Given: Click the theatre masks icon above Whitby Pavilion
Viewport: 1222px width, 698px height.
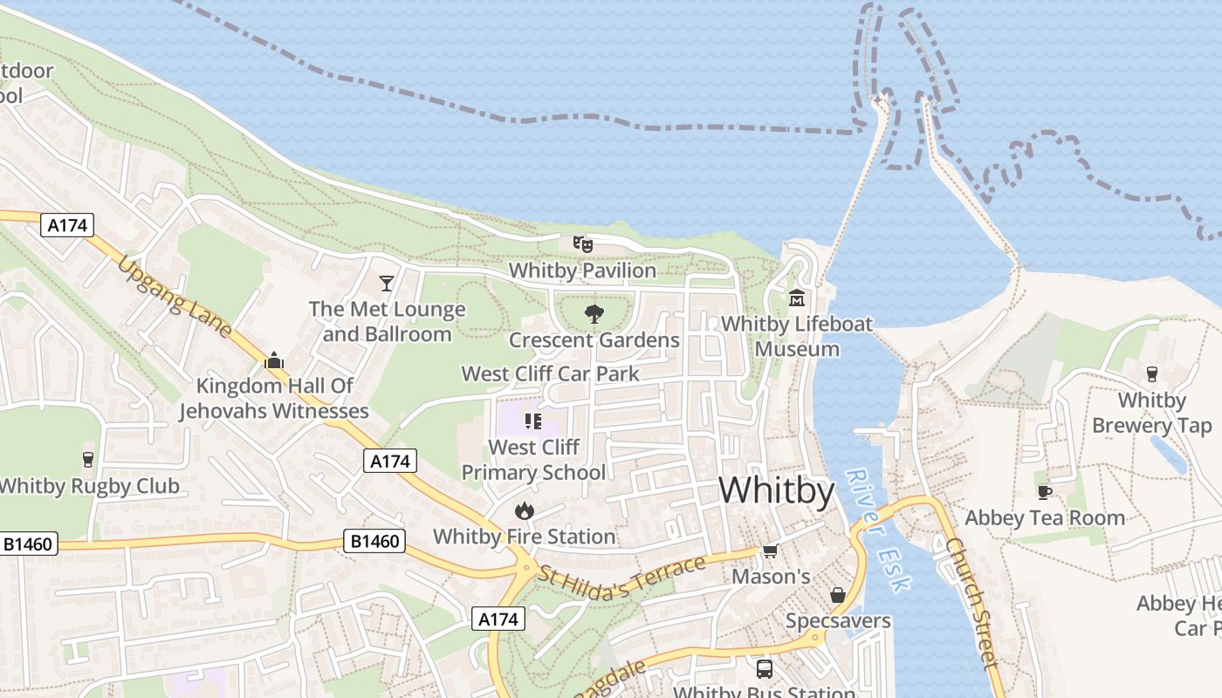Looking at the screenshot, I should pyautogui.click(x=582, y=243).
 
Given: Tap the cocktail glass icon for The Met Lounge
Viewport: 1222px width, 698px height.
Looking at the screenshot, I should pyautogui.click(x=387, y=283).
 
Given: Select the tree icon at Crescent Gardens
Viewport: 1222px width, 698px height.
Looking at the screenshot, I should pyautogui.click(x=594, y=314).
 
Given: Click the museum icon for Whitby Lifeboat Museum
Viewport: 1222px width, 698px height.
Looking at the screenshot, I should pyautogui.click(x=796, y=298).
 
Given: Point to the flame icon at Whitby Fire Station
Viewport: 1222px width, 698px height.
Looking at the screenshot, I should pyautogui.click(x=524, y=510).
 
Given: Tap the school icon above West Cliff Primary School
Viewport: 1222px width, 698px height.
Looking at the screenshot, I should pyautogui.click(x=533, y=422).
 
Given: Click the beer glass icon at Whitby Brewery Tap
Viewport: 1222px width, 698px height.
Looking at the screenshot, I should pyautogui.click(x=1151, y=374).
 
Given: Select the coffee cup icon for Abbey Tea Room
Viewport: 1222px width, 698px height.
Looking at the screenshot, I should pyautogui.click(x=1044, y=492).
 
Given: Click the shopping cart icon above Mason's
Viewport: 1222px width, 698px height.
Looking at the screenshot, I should pyautogui.click(x=770, y=551).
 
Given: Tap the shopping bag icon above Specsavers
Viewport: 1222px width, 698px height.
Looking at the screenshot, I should pyautogui.click(x=837, y=595).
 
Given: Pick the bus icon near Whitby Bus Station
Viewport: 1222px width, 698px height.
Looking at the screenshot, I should pyautogui.click(x=764, y=669).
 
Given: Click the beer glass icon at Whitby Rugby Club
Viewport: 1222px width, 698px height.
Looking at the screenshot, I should pyautogui.click(x=87, y=460).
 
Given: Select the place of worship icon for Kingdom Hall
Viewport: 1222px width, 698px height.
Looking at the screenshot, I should pyautogui.click(x=274, y=359).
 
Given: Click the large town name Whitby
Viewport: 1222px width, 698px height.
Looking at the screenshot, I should pyautogui.click(x=776, y=490).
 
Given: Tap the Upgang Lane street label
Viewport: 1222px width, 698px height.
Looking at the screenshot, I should pyautogui.click(x=175, y=297).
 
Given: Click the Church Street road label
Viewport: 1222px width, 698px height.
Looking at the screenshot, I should pyautogui.click(x=971, y=602).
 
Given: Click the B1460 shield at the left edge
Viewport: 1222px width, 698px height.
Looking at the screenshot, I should pyautogui.click(x=28, y=544).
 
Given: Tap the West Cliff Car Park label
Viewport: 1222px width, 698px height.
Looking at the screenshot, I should pyautogui.click(x=550, y=374).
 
